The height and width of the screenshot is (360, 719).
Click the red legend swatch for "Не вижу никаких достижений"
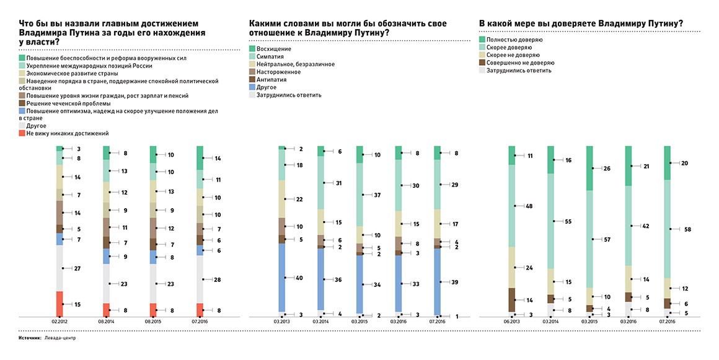[22, 133]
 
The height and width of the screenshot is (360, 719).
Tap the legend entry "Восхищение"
[274, 48]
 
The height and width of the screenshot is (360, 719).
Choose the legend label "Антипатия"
[271, 79]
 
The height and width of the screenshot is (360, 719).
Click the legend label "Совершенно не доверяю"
[521, 63]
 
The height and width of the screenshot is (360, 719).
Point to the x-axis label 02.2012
[59, 322]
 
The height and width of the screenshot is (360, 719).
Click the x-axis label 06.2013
[512, 322]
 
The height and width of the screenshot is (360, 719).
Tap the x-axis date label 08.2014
[107, 322]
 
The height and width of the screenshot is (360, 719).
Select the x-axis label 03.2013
[282, 322]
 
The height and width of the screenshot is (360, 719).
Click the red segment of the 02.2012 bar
[59, 304]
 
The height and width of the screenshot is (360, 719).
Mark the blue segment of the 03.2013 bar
[282, 278]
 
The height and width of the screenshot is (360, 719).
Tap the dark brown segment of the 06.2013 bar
[512, 300]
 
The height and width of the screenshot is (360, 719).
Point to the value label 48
[529, 206]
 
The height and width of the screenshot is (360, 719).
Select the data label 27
[77, 269]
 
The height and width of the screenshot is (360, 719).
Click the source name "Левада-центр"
[60, 338]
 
